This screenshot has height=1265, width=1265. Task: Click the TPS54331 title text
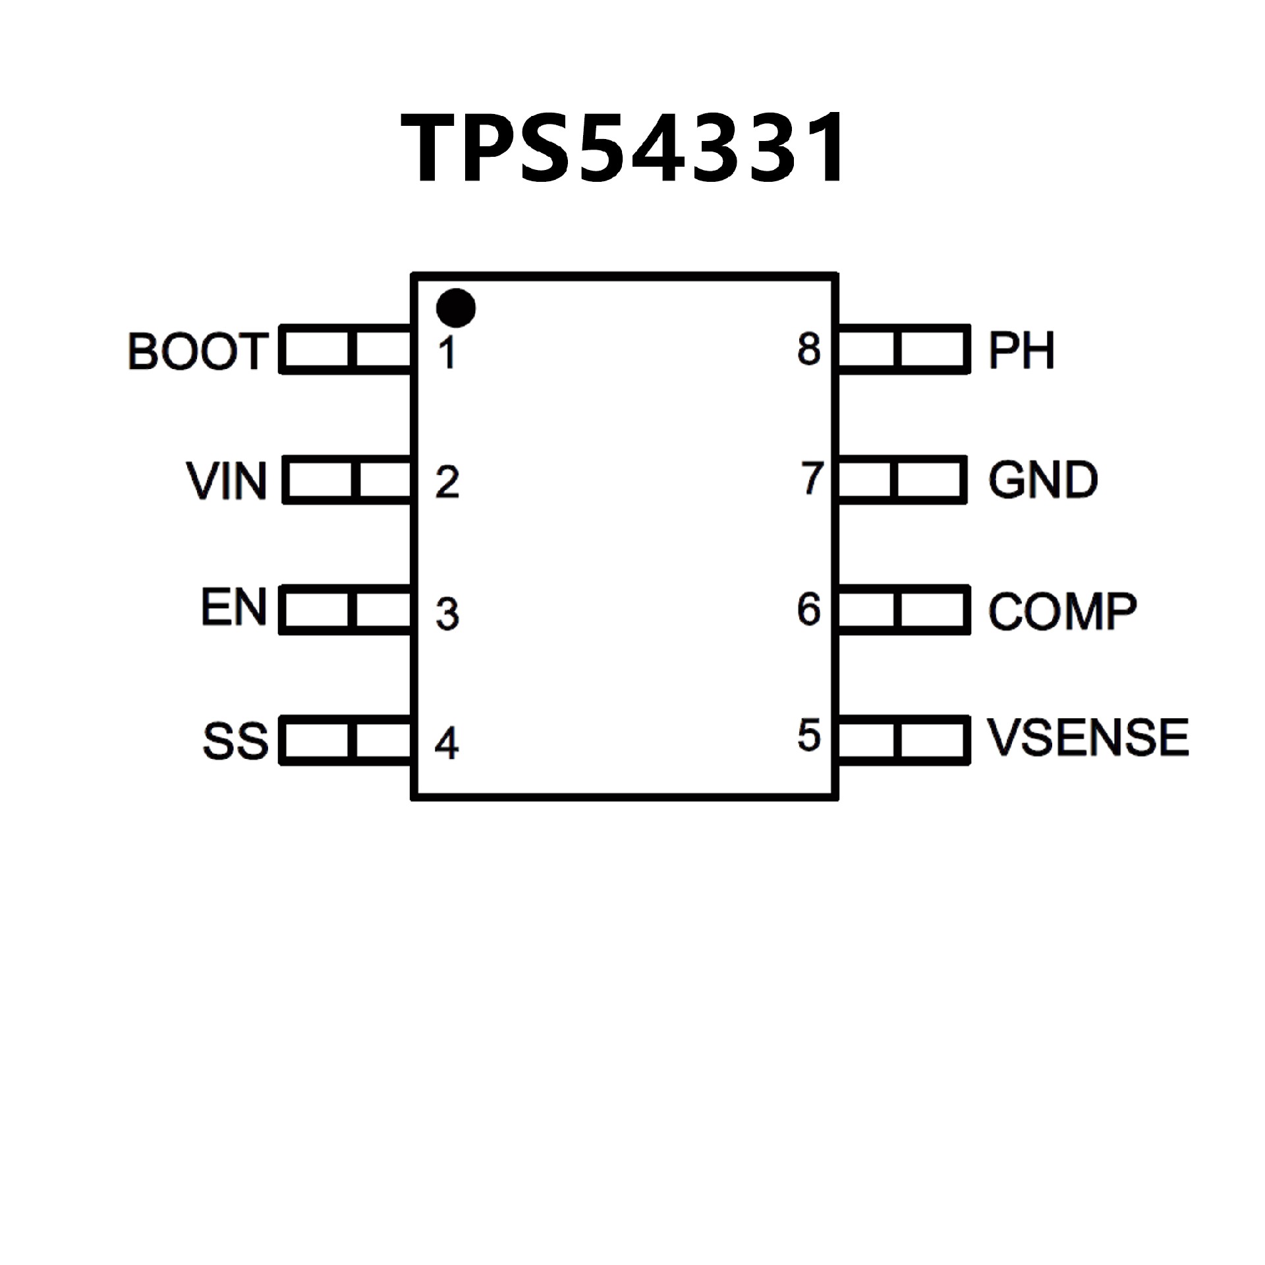coord(623,148)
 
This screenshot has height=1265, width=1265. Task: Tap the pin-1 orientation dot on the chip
coord(456,308)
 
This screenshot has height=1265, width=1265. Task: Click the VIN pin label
coord(227,481)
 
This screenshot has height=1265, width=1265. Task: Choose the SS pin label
coord(235,741)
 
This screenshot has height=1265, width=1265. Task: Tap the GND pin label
coord(1043,480)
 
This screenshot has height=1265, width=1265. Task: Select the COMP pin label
coord(1062,611)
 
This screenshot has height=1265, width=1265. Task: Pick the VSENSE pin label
coord(1087,737)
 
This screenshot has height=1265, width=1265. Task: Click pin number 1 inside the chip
coord(447,352)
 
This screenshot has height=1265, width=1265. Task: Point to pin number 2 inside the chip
coord(447,482)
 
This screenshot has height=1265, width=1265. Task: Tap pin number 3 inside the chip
coord(447,614)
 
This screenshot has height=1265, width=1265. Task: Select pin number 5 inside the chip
coord(809,735)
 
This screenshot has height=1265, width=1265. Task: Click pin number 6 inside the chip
coord(809,609)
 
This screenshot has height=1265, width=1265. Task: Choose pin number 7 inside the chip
coord(812,478)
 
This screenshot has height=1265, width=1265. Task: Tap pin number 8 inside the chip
coord(809,349)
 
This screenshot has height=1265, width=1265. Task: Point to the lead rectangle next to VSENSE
coord(903,741)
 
